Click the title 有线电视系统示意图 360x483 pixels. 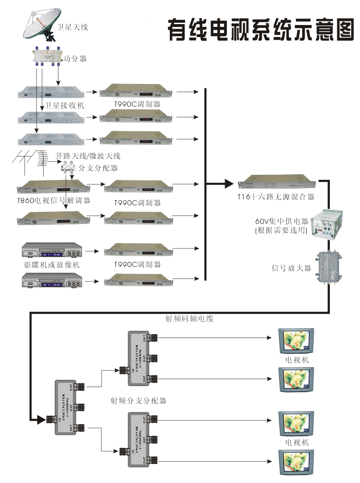pos(260,30)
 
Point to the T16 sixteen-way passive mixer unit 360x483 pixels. pos(276,184)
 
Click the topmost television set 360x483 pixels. pos(296,341)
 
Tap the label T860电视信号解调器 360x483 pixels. pos(53,201)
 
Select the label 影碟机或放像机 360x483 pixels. pos(52,265)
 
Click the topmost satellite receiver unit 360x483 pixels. pos(51,92)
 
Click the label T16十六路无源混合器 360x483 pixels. pos(276,197)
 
